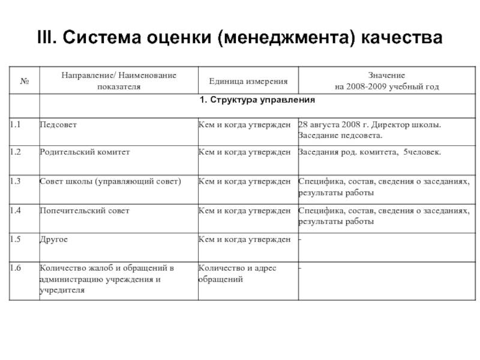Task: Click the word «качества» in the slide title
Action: [403, 38]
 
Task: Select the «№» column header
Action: [25, 81]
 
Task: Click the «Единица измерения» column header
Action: [248, 81]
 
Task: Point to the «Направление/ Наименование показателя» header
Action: [118, 81]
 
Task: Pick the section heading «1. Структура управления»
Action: [257, 99]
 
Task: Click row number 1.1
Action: [16, 125]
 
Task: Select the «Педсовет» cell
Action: [58, 125]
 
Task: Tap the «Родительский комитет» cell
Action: [84, 152]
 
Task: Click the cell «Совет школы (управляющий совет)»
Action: [110, 180]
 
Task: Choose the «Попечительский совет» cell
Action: [84, 211]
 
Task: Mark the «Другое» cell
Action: [53, 239]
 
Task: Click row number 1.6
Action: [16, 268]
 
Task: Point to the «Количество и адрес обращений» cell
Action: [237, 274]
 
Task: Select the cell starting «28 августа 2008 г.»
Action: [369, 130]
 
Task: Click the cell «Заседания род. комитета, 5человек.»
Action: [370, 152]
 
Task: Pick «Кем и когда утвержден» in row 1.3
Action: [245, 180]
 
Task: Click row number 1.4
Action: [16, 211]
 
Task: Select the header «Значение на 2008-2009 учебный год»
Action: [387, 81]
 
